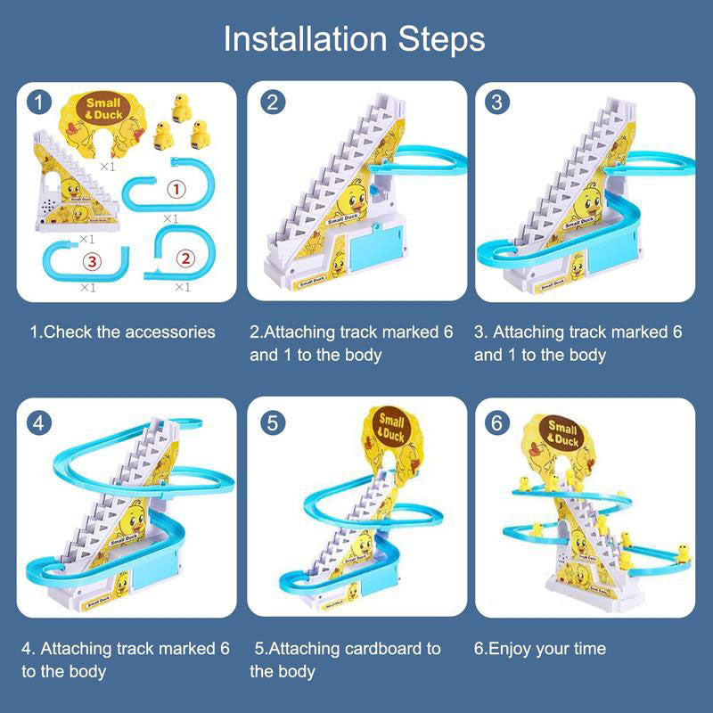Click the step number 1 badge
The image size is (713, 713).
(37, 102)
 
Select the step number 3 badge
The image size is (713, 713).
(497, 102)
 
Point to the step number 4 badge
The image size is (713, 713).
(37, 422)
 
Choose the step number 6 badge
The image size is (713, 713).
(497, 422)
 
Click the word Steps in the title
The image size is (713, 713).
(438, 39)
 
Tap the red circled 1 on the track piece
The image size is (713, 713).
(176, 189)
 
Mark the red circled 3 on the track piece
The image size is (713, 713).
(89, 261)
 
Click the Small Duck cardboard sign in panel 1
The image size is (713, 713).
(101, 112)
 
